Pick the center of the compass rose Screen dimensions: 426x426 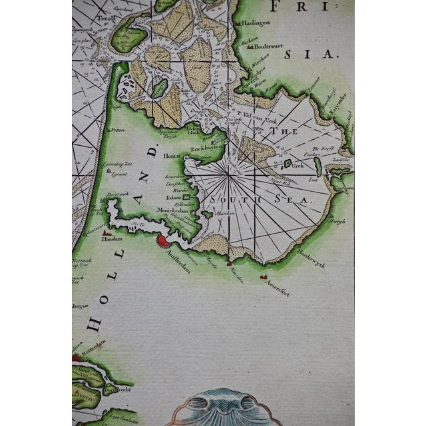(230, 174)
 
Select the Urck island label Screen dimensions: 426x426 (300, 163)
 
